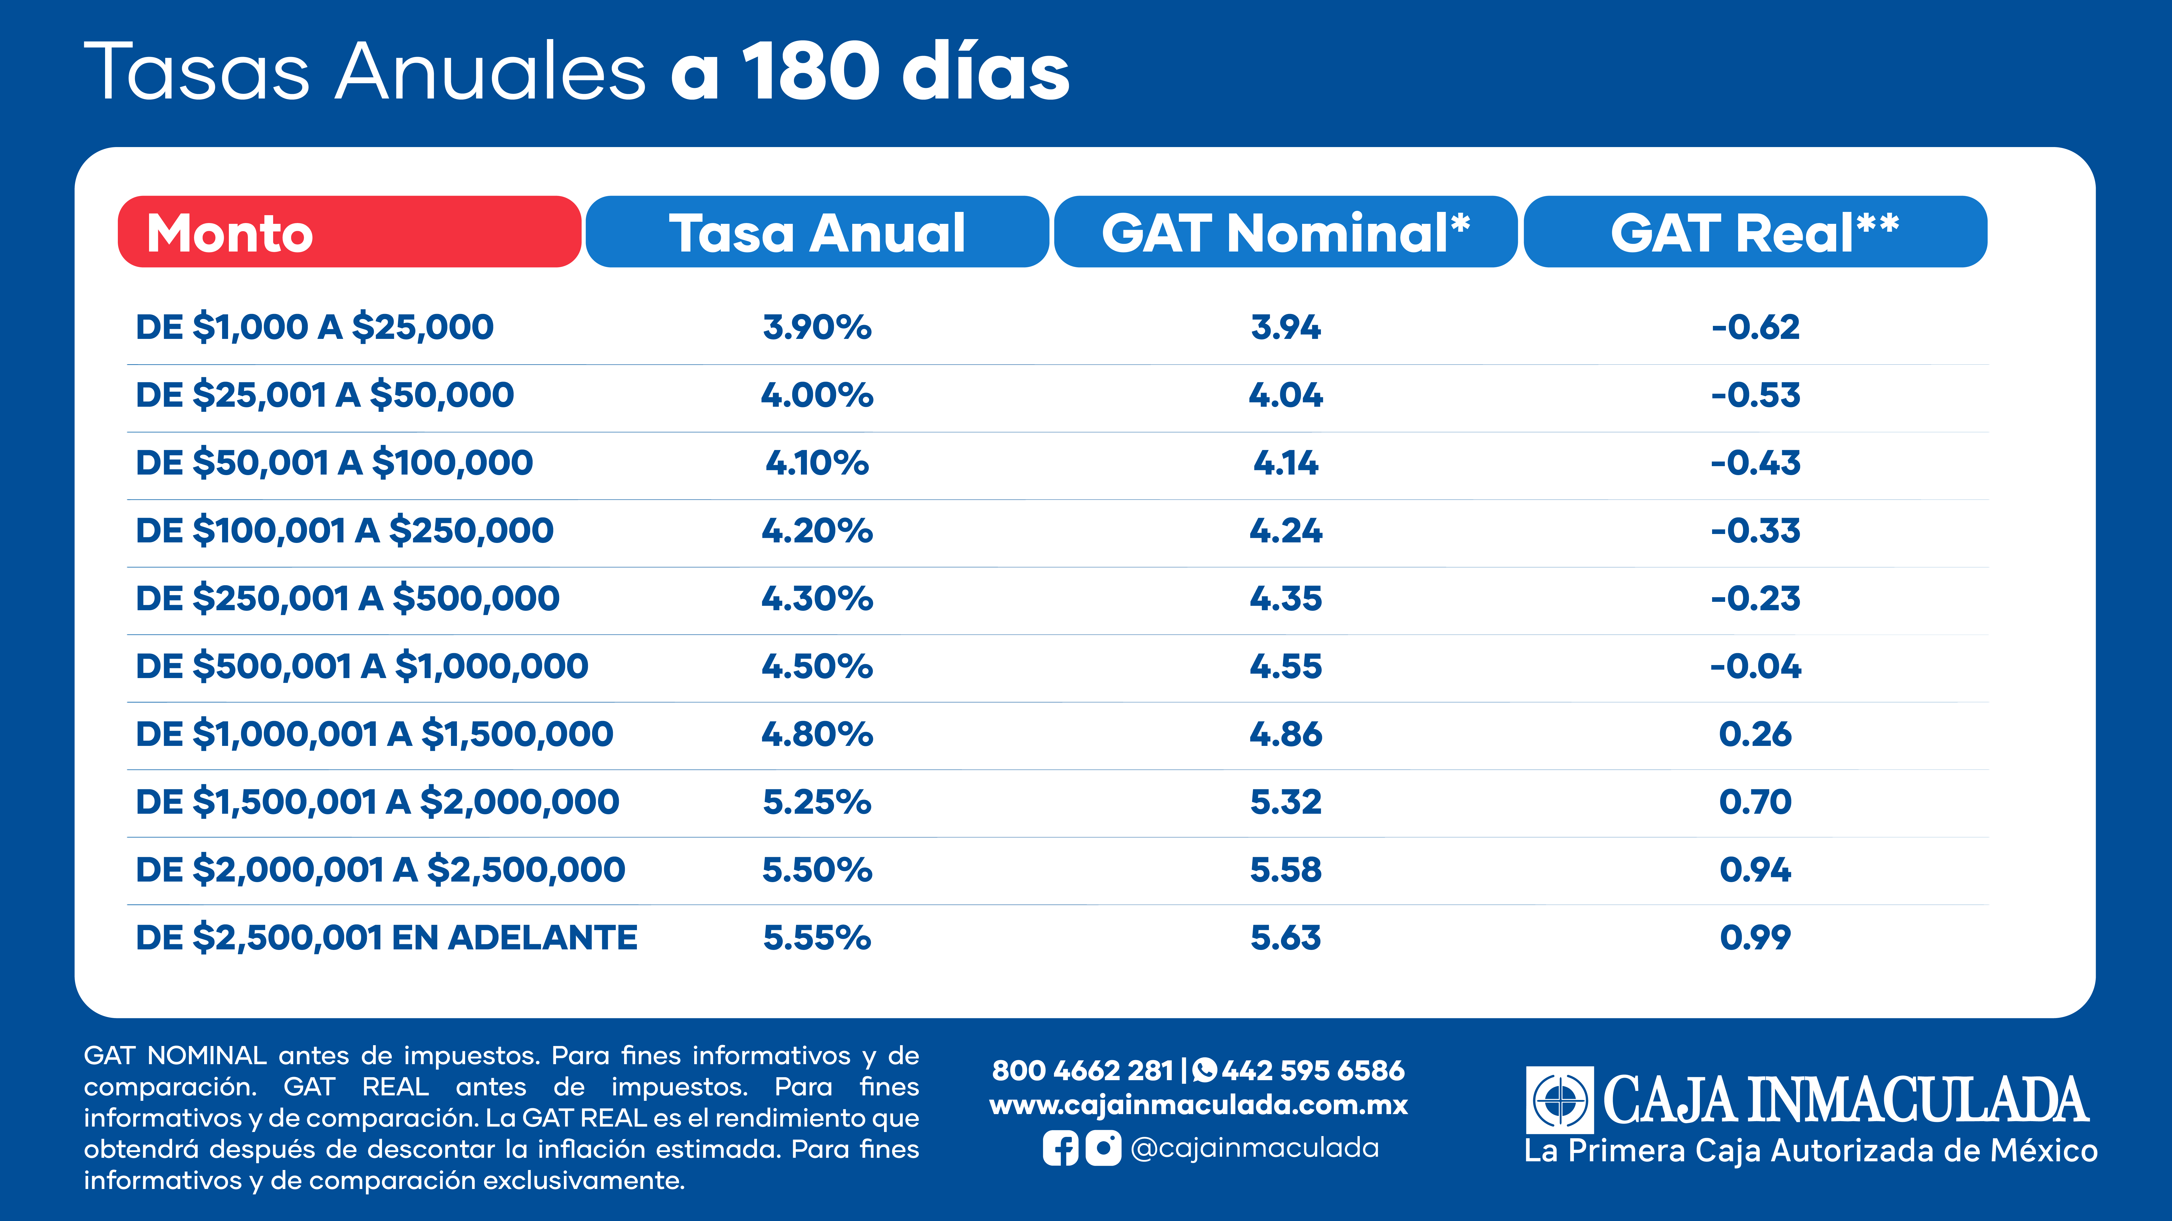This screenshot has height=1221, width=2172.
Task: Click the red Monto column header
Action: point(349,232)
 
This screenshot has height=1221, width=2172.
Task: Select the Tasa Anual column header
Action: point(817,232)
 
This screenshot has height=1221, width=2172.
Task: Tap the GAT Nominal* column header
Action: point(1286,232)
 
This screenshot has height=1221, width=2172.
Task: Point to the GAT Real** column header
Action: point(1756,232)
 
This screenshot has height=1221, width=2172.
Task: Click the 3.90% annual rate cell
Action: point(817,327)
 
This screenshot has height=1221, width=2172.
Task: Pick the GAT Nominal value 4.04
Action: point(1286,394)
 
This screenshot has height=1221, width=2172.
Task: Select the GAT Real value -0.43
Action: point(1756,463)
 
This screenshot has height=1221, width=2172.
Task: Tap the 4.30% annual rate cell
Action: point(817,598)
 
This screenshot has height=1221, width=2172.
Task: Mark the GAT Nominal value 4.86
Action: point(1286,734)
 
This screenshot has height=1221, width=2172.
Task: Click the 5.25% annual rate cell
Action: point(817,801)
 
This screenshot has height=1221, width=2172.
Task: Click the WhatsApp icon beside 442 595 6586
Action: point(1205,1070)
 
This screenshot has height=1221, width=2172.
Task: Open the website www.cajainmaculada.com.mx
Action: point(1198,1106)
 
